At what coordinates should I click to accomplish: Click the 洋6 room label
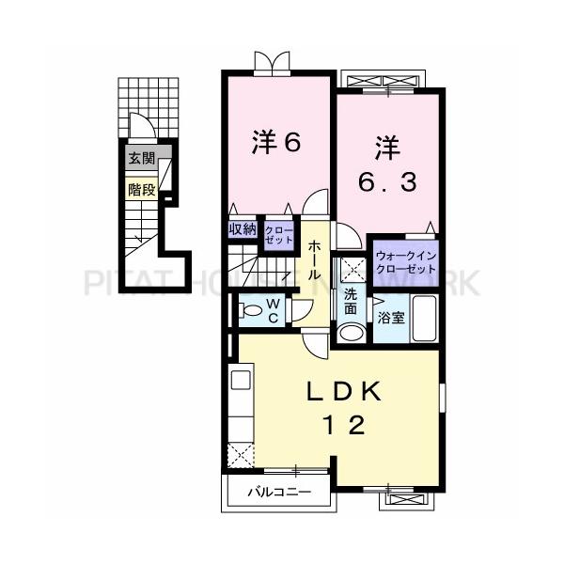pyautogui.click(x=275, y=143)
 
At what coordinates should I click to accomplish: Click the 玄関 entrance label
pyautogui.click(x=142, y=159)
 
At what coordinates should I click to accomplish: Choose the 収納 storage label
pyautogui.click(x=242, y=228)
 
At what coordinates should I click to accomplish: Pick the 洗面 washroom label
pyautogui.click(x=350, y=302)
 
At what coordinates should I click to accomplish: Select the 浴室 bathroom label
pyautogui.click(x=392, y=317)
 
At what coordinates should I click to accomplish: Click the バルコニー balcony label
pyautogui.click(x=274, y=491)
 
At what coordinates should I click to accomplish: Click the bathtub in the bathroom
pyautogui.click(x=427, y=321)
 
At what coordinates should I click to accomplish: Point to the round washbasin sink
pyautogui.click(x=351, y=331)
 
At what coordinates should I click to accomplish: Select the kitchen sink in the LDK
pyautogui.click(x=239, y=381)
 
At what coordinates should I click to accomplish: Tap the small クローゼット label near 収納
pyautogui.click(x=277, y=233)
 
